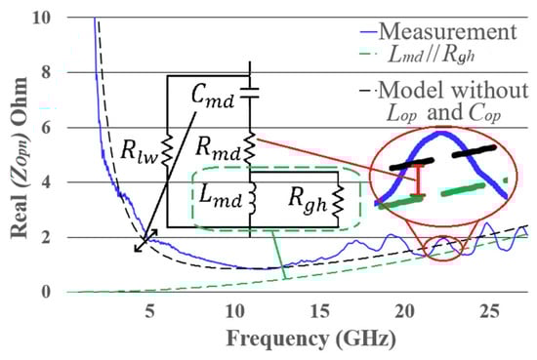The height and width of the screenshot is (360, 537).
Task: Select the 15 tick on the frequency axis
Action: click(x=319, y=311)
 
